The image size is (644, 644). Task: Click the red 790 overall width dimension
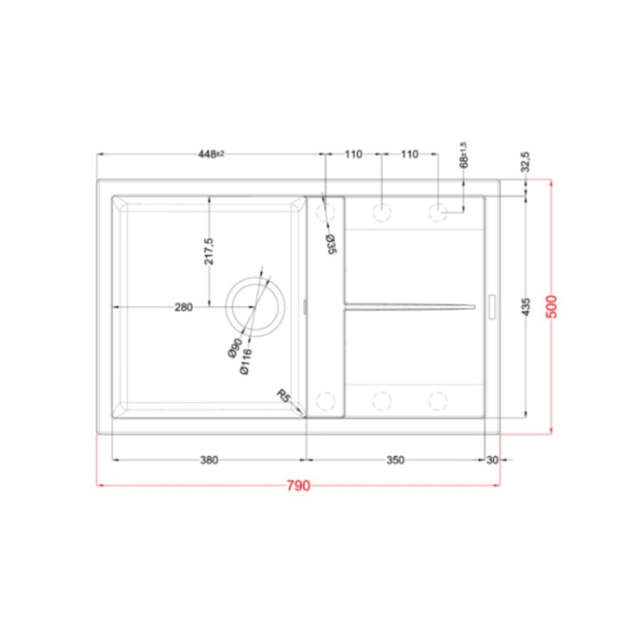coord(299,486)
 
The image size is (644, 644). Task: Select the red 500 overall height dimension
coord(552,306)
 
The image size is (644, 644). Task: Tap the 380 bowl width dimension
coord(209,460)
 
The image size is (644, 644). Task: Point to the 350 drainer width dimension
coord(396,460)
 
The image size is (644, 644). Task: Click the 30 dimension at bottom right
coord(492,460)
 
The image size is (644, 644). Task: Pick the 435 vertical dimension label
coord(526,307)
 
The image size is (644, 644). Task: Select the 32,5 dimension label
coord(525,162)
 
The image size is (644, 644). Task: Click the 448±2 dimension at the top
coord(211,154)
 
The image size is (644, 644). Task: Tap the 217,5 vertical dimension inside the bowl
coord(209,251)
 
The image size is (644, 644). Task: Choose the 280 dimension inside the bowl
coord(184,307)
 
